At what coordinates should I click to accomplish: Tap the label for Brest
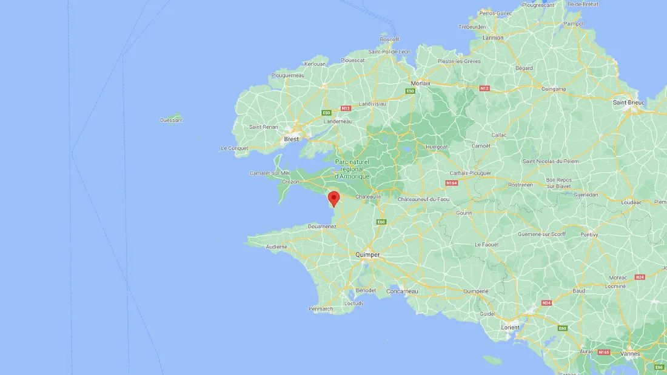(x=292, y=139)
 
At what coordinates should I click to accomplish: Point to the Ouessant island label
(x=171, y=120)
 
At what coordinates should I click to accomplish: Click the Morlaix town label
(x=420, y=83)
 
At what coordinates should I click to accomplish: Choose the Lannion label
(x=493, y=38)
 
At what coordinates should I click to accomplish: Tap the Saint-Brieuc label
(x=629, y=102)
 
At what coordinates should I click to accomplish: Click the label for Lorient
(x=510, y=327)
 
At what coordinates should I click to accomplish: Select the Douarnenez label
(x=322, y=226)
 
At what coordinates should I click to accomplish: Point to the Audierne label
(x=277, y=247)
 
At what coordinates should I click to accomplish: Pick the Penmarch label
(x=320, y=309)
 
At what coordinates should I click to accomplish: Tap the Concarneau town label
(x=402, y=291)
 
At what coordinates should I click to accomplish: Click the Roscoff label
(x=389, y=39)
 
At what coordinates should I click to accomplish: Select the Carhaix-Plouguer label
(x=470, y=173)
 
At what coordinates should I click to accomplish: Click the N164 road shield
(x=451, y=182)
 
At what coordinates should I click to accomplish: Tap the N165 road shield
(x=603, y=352)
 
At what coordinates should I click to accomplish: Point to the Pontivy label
(x=589, y=234)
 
